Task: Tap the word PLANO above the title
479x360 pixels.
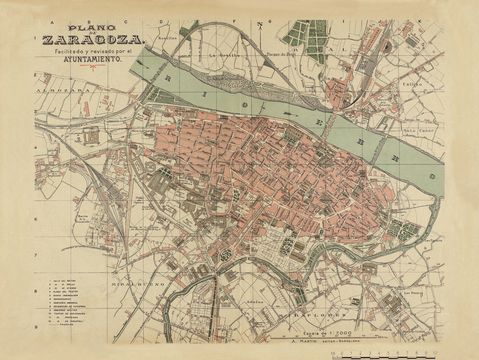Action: coord(87,27)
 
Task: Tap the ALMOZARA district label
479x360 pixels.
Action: coord(58,87)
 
